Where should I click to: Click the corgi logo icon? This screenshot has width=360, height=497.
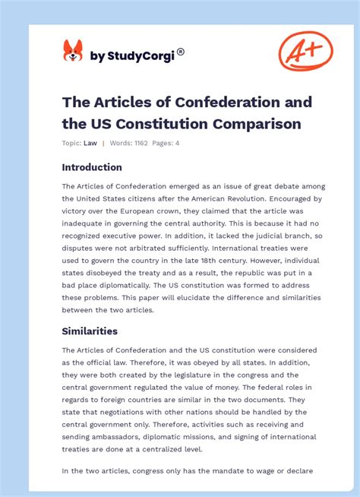72,52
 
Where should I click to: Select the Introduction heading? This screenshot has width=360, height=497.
92,167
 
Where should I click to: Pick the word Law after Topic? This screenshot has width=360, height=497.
90,143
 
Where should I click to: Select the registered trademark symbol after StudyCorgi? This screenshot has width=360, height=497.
181,52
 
